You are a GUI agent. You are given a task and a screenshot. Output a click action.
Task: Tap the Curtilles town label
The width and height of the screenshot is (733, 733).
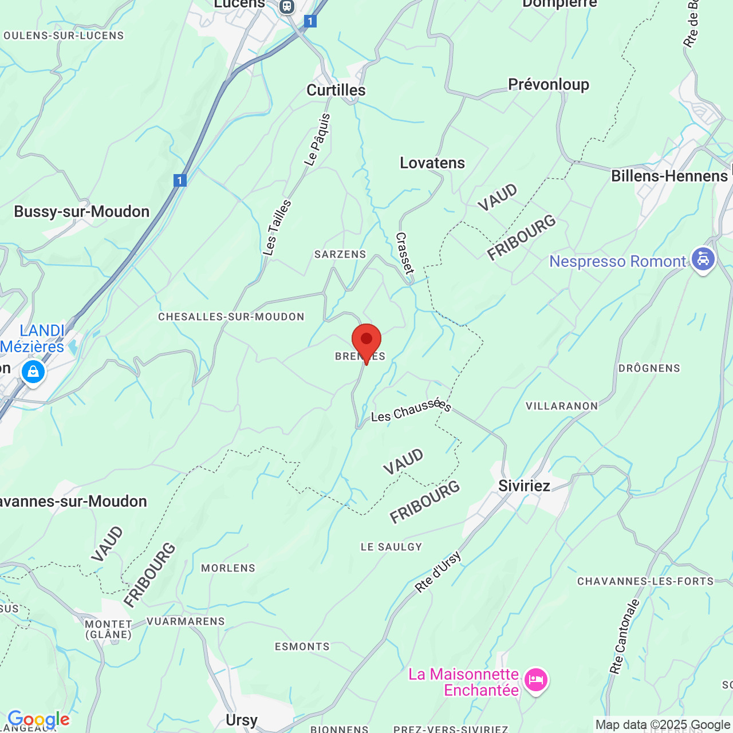click(x=336, y=90)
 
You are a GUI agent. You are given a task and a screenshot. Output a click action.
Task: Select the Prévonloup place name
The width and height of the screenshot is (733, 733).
click(x=548, y=85)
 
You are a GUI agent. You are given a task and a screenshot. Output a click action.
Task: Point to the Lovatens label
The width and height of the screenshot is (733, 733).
click(x=432, y=163)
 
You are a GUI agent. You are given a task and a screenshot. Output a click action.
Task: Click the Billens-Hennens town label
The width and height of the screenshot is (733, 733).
click(x=669, y=176)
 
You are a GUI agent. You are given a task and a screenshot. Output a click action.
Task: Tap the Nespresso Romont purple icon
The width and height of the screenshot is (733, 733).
click(x=703, y=259)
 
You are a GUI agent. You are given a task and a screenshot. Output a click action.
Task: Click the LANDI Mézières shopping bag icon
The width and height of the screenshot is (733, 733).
click(x=33, y=372)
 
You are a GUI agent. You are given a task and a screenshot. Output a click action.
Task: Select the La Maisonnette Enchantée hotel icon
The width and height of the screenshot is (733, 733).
click(x=536, y=680)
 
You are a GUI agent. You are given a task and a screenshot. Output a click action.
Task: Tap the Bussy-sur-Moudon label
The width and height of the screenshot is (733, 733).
click(x=82, y=212)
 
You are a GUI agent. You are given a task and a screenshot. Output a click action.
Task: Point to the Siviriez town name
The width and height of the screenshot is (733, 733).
click(x=524, y=486)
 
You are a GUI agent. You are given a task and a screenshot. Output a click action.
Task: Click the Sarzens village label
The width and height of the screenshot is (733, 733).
click(x=340, y=254)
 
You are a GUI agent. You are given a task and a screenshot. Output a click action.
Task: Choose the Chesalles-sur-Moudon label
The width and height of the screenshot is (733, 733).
click(x=231, y=317)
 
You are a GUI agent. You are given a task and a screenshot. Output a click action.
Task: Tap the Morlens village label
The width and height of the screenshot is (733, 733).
click(x=228, y=568)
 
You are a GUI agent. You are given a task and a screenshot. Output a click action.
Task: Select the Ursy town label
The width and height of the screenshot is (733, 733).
click(x=242, y=720)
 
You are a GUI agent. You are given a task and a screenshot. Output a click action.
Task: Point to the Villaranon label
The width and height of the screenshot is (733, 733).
click(x=562, y=406)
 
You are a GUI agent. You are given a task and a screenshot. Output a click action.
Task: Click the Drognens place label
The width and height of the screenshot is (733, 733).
click(x=649, y=368)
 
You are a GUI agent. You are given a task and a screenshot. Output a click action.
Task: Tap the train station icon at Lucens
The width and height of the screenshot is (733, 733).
click(x=287, y=6)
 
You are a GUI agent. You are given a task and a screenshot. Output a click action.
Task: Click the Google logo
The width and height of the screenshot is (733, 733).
click(x=38, y=719)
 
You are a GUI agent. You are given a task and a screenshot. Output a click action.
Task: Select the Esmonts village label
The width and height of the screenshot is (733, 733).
click(x=302, y=647)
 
